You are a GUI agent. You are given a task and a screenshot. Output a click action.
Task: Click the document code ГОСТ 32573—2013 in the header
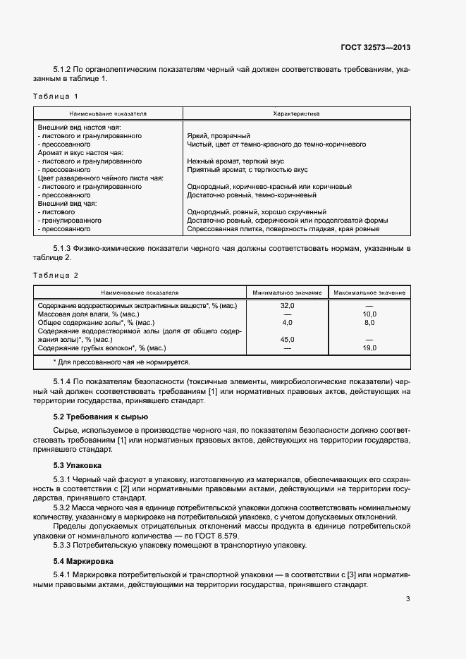(376, 48)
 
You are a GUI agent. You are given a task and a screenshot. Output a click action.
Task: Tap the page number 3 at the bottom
(407, 600)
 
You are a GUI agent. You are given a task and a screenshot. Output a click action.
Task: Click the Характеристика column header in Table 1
(296, 113)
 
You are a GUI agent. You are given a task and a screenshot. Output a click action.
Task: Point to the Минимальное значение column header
(287, 292)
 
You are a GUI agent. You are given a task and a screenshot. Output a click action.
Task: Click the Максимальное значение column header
(369, 292)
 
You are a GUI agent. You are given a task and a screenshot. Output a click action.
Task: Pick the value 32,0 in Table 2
(287, 305)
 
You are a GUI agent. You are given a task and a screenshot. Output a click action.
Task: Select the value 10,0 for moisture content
(369, 314)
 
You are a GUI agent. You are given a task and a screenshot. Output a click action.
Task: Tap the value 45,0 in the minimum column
(287, 339)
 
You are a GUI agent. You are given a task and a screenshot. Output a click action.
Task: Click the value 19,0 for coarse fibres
(369, 347)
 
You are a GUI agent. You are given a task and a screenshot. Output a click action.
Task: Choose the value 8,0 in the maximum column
(369, 322)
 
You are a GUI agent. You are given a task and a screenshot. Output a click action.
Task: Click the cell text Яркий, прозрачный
(219, 135)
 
